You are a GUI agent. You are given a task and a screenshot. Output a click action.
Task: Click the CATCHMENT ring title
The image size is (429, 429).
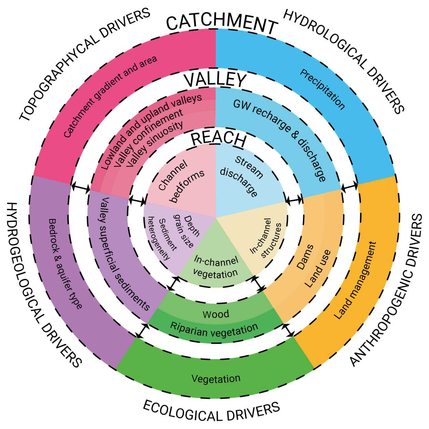[222, 24]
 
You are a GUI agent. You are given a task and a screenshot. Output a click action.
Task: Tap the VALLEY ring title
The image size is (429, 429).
[215, 80]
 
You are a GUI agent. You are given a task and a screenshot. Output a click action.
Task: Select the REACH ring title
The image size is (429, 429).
[218, 139]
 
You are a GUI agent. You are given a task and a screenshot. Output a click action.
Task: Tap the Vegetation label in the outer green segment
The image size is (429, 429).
[216, 379]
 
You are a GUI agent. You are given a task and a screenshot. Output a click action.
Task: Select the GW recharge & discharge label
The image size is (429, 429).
[280, 139]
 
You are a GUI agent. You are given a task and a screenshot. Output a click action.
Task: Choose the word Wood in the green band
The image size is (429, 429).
[216, 314]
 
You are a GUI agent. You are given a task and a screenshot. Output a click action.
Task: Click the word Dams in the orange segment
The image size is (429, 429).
[305, 257]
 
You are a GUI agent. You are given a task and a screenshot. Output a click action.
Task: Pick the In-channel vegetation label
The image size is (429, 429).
[216, 267]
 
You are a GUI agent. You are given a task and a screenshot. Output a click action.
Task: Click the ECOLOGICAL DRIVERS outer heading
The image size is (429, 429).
[211, 411]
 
